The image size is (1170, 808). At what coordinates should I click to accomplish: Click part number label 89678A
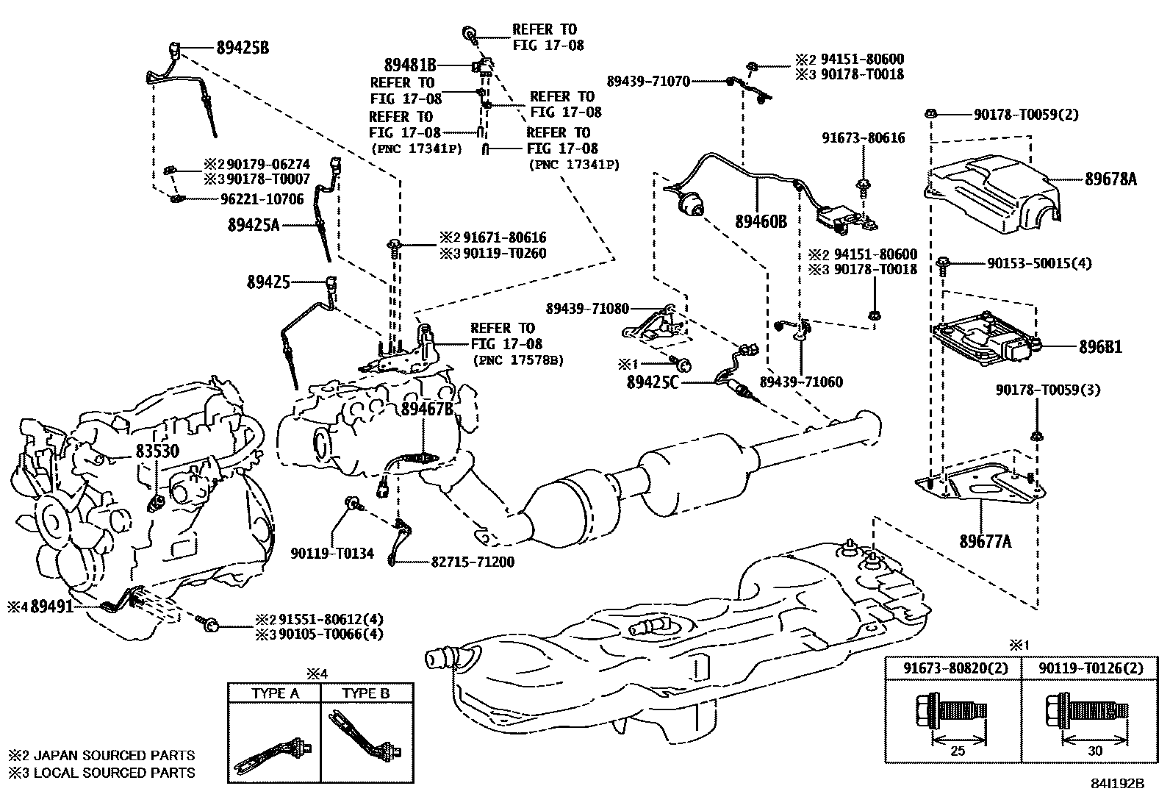click(1110, 178)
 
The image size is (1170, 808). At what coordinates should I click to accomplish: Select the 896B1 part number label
click(1100, 346)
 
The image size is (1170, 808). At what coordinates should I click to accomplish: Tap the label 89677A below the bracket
click(985, 542)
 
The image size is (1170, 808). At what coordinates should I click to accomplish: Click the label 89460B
click(761, 221)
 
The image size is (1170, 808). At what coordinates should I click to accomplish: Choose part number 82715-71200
click(472, 562)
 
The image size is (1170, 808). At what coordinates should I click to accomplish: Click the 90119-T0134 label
click(332, 553)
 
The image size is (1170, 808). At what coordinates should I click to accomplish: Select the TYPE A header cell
click(275, 693)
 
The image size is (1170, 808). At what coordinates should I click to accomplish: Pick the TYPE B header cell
click(366, 693)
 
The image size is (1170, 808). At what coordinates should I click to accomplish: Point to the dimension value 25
click(958, 751)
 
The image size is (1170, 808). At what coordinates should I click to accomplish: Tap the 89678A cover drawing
click(992, 191)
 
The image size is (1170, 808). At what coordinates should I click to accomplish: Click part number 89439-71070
click(648, 82)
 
